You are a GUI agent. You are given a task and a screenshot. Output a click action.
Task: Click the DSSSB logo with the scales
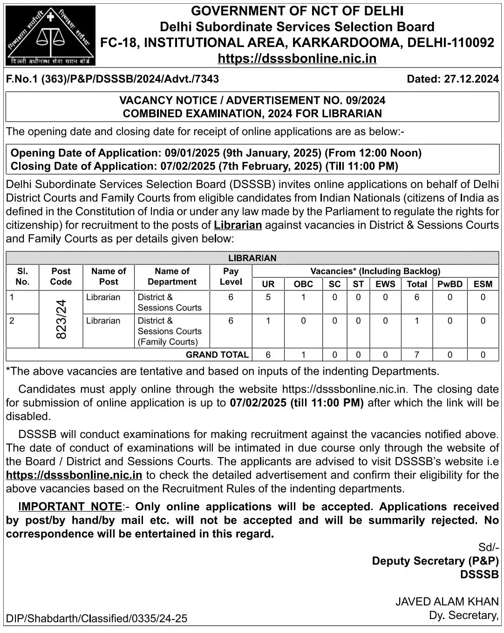pyautogui.click(x=50, y=35)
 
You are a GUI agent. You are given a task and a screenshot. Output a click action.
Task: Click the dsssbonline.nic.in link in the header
pyautogui.click(x=297, y=59)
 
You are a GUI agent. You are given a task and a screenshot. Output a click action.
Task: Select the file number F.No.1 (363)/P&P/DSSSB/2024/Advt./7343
pyautogui.click(x=112, y=79)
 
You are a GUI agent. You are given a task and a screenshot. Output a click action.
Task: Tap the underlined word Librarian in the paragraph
pyautogui.click(x=238, y=225)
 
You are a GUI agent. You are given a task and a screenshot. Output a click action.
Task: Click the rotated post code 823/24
pyautogui.click(x=61, y=319)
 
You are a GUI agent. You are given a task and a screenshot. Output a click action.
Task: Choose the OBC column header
pyautogui.click(x=303, y=284)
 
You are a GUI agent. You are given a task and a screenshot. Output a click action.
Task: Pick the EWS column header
pyautogui.click(x=385, y=284)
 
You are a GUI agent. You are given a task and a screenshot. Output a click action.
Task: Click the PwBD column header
pyautogui.click(x=450, y=284)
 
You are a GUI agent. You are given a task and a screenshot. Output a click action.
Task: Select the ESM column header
pyautogui.click(x=483, y=284)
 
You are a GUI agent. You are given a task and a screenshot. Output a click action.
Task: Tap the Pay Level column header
pyautogui.click(x=231, y=276)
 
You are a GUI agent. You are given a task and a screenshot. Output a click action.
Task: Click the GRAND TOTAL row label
pyautogui.click(x=217, y=355)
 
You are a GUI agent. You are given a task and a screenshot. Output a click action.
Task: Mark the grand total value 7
pyautogui.click(x=416, y=355)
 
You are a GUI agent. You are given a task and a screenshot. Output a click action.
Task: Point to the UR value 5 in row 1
pyautogui.click(x=268, y=297)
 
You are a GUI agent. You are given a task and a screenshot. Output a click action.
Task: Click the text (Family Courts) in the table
pyautogui.click(x=168, y=342)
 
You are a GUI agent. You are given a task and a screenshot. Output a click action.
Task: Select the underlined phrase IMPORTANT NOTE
pyautogui.click(x=70, y=506)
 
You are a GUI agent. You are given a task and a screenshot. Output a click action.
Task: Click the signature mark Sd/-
pyautogui.click(x=488, y=547)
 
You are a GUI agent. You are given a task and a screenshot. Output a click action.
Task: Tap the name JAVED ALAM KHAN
pyautogui.click(x=447, y=601)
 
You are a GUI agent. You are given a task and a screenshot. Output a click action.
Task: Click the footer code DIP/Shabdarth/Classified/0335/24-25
pyautogui.click(x=96, y=619)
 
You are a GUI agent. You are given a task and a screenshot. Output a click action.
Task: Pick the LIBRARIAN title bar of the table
pyautogui.click(x=252, y=258)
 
